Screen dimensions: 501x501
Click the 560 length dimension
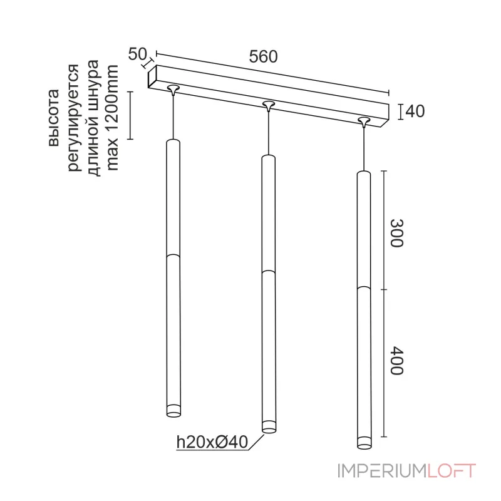click(x=263, y=56)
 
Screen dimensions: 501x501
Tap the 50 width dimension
click(x=137, y=54)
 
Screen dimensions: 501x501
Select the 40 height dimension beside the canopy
click(x=415, y=111)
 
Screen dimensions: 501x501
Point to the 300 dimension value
click(x=397, y=233)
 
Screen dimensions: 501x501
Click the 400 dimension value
click(x=397, y=360)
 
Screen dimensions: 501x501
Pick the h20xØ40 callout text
click(x=212, y=442)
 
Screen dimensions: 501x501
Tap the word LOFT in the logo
click(x=452, y=471)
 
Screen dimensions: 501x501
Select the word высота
click(x=54, y=118)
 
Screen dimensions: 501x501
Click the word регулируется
click(x=73, y=118)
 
